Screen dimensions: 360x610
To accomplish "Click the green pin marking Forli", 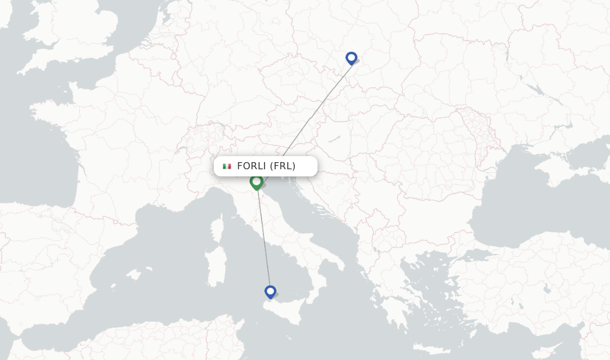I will (257, 182).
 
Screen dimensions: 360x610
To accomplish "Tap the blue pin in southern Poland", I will (351, 58).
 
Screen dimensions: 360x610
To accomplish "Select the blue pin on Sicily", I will (270, 291).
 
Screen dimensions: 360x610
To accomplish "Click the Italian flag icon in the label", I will (227, 166).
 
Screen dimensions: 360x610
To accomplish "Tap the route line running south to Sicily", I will (264, 238).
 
